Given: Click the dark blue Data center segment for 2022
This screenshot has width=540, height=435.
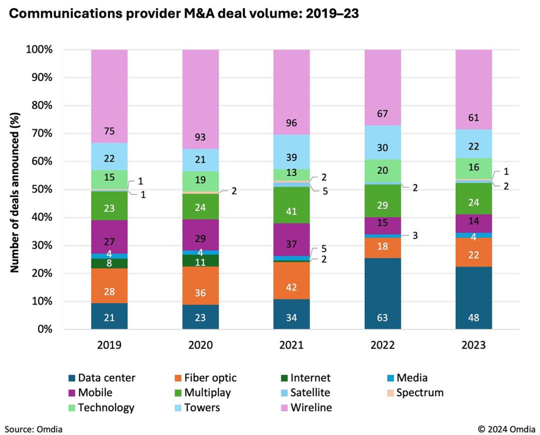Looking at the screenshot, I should click(382, 293).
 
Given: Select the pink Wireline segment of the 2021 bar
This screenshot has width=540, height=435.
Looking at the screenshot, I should click(291, 92).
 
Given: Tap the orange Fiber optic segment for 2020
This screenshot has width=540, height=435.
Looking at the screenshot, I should click(200, 285).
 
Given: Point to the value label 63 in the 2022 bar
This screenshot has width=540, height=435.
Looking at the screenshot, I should click(382, 317).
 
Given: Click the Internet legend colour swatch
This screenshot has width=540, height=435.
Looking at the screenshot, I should click(283, 378).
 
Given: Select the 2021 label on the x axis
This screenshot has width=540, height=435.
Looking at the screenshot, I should click(291, 345).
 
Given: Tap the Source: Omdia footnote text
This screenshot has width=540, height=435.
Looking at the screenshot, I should click(34, 428).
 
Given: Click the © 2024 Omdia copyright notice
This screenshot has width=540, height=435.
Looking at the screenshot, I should click(506, 428).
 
